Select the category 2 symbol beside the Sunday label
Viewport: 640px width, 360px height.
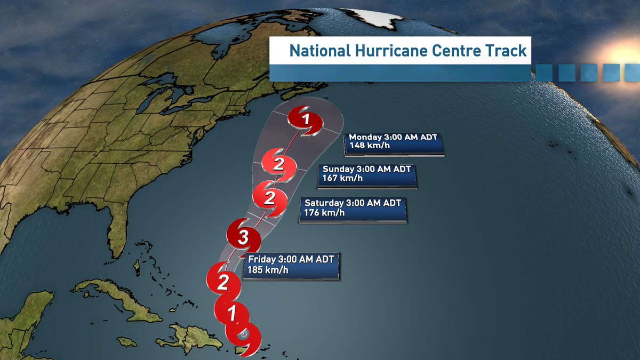click(278, 163)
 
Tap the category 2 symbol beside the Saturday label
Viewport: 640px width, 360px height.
click(269, 198)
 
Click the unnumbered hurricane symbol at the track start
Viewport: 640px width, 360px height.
click(243, 335)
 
